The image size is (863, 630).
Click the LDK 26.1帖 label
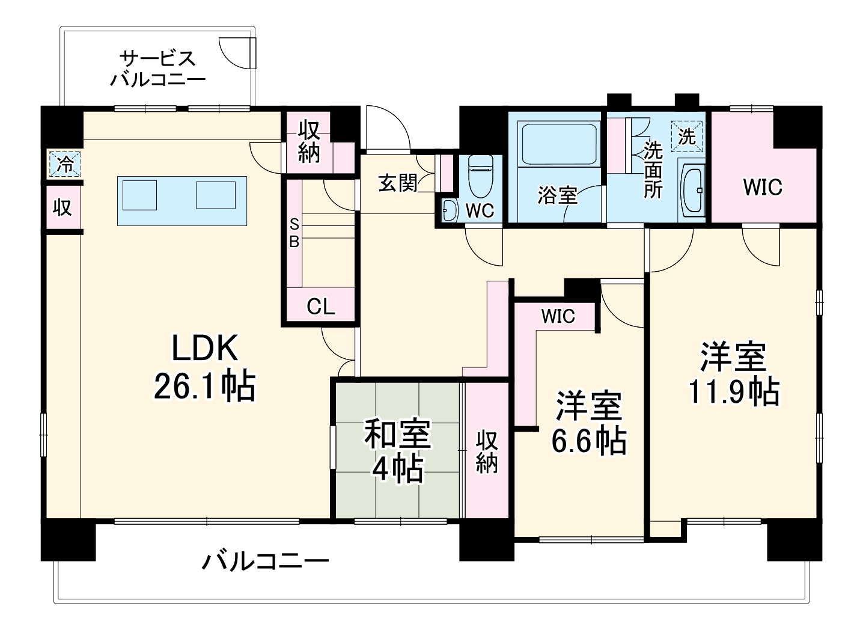[205, 367]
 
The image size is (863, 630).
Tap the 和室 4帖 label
[397, 451]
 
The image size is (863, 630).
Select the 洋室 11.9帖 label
[733, 374]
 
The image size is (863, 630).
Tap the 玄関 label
[398, 183]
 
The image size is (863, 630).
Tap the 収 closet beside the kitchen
[63, 207]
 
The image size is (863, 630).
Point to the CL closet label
[320, 307]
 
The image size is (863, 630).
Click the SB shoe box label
[294, 233]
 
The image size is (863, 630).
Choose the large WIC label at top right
[763, 187]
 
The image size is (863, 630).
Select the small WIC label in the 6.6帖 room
[558, 316]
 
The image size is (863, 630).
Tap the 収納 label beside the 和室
[487, 452]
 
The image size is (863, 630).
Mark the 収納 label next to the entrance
[309, 141]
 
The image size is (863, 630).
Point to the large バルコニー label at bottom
[265, 562]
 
